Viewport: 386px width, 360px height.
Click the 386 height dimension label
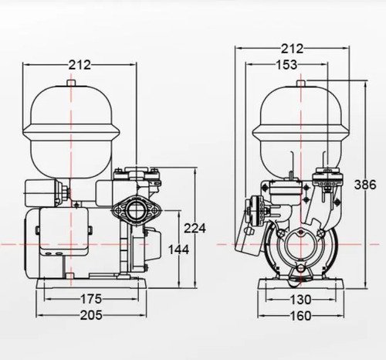365,185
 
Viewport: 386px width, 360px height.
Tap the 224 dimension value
195,228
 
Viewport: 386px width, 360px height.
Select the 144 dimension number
178,250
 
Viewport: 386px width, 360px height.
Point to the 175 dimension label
91,299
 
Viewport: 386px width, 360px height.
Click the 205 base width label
91,315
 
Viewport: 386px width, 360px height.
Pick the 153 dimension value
286,65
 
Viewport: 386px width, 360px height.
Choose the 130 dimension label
300,300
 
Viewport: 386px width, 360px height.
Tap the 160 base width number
300,316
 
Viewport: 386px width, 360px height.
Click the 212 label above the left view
80,65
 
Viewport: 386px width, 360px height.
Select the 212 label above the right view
292,49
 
